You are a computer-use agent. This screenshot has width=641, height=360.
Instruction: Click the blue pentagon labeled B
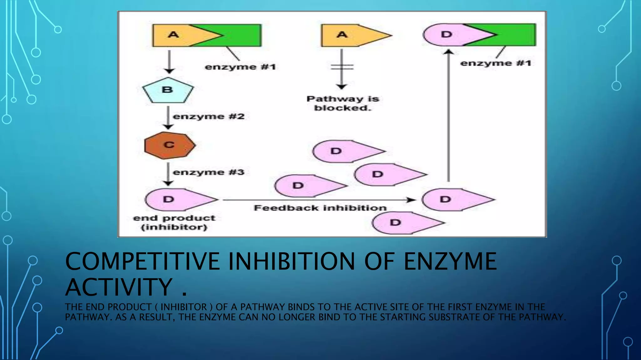tap(168, 90)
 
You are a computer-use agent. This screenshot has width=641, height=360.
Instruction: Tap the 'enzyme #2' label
tap(208, 117)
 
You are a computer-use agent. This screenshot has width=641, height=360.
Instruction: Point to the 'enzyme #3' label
tap(208, 172)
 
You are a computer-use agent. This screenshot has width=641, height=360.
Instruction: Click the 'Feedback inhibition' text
tap(320, 208)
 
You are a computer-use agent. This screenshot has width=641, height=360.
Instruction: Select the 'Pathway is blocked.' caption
tap(343, 103)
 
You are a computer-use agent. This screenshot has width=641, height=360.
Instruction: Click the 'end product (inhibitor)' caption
tap(174, 222)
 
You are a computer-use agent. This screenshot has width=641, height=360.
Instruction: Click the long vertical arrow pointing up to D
tap(449, 116)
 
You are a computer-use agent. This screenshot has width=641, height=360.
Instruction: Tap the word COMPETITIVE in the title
tap(142, 262)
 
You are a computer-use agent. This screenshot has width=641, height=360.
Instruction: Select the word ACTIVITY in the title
tap(119, 287)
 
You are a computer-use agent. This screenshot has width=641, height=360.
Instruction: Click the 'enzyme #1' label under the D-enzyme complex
tap(496, 63)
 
